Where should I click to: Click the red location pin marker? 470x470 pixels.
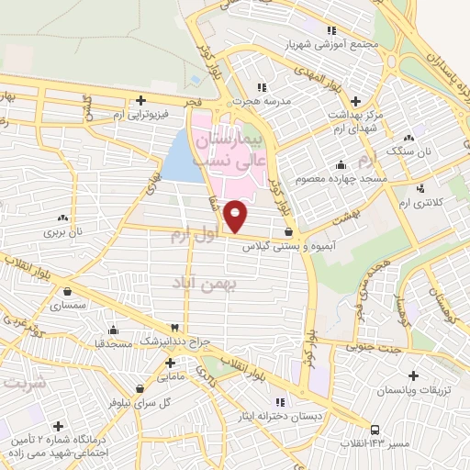[236, 217]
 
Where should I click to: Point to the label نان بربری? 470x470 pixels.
[62, 232]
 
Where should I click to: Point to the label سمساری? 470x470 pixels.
[67, 303]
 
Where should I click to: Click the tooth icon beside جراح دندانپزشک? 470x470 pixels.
[174, 328]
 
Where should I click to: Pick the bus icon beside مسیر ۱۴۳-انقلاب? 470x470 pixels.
[375, 429]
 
